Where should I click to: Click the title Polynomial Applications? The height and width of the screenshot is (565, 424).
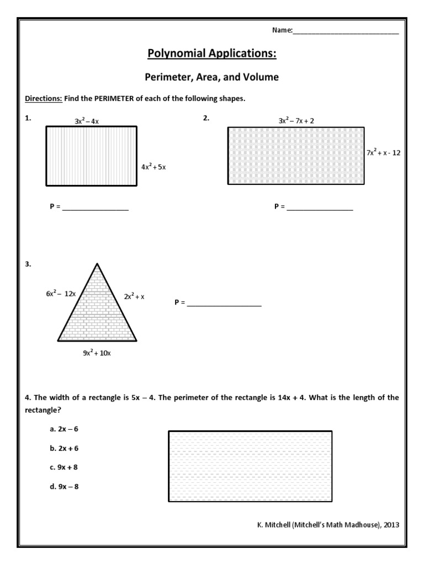coord(212,54)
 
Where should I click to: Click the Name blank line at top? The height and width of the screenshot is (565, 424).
coord(346,32)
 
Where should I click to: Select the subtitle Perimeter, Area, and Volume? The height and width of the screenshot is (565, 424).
coord(212,78)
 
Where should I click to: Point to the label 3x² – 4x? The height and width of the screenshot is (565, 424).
coord(87,121)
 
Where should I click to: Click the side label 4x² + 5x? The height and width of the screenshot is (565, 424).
coord(153,167)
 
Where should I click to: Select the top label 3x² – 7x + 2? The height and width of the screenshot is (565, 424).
coord(296,120)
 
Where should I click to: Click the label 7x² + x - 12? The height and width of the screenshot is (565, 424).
coord(383,153)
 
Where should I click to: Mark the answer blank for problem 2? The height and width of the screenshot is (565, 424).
coord(320,209)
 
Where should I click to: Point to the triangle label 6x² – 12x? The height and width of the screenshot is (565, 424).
coord(61,294)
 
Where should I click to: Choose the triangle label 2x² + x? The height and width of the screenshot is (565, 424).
coord(134,296)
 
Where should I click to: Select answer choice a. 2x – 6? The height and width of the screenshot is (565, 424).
coord(60,429)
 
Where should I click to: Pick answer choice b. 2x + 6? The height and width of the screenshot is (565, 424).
coord(60,448)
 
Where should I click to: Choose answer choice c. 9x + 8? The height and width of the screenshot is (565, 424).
coord(60,467)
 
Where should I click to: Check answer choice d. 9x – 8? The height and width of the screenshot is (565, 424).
coord(60,487)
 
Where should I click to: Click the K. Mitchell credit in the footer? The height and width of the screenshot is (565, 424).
coord(324,525)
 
